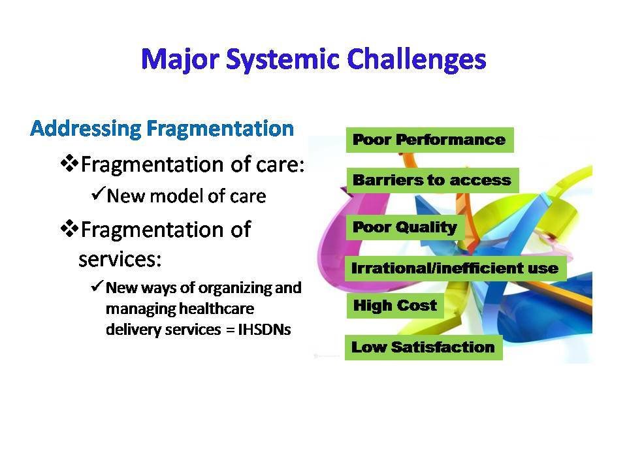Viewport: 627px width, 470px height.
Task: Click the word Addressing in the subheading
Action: (86, 128)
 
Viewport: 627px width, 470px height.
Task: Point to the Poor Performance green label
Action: (429, 140)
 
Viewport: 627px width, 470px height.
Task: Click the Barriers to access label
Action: (432, 180)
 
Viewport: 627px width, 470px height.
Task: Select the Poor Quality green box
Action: (404, 227)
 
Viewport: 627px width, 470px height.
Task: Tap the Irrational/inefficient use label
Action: (455, 268)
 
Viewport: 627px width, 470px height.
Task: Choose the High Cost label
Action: (395, 305)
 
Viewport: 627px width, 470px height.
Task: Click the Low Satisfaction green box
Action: (423, 347)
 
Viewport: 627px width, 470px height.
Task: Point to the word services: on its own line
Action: (120, 259)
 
